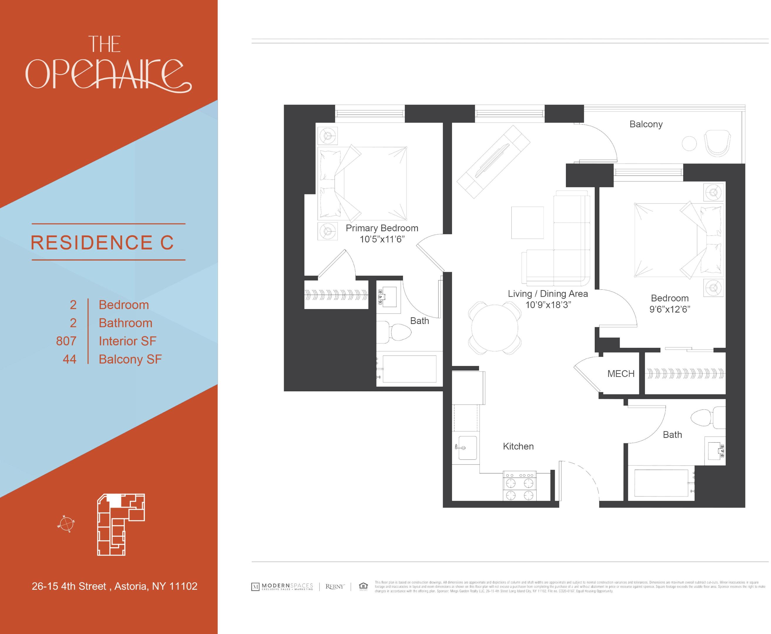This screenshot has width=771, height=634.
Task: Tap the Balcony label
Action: tap(646, 124)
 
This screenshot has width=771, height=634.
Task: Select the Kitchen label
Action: tap(518, 446)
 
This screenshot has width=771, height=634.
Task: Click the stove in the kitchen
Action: tap(520, 485)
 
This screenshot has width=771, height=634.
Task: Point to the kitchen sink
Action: tap(467, 447)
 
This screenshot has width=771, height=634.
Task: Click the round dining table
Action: tap(494, 328)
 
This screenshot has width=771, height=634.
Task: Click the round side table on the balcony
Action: tap(689, 143)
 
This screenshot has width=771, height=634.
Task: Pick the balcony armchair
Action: tap(717, 143)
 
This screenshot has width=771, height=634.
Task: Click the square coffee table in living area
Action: tap(527, 222)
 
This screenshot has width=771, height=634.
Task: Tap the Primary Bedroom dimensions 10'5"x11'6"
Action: tap(382, 239)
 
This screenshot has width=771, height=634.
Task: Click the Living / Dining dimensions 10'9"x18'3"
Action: tap(548, 305)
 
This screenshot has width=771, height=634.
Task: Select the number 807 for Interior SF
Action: tap(66, 341)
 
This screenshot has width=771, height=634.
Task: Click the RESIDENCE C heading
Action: tap(102, 242)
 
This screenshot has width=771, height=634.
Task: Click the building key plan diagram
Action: tap(121, 525)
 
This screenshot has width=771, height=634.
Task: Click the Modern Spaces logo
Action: tap(282, 586)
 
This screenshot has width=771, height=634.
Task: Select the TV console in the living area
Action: tap(493, 161)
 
